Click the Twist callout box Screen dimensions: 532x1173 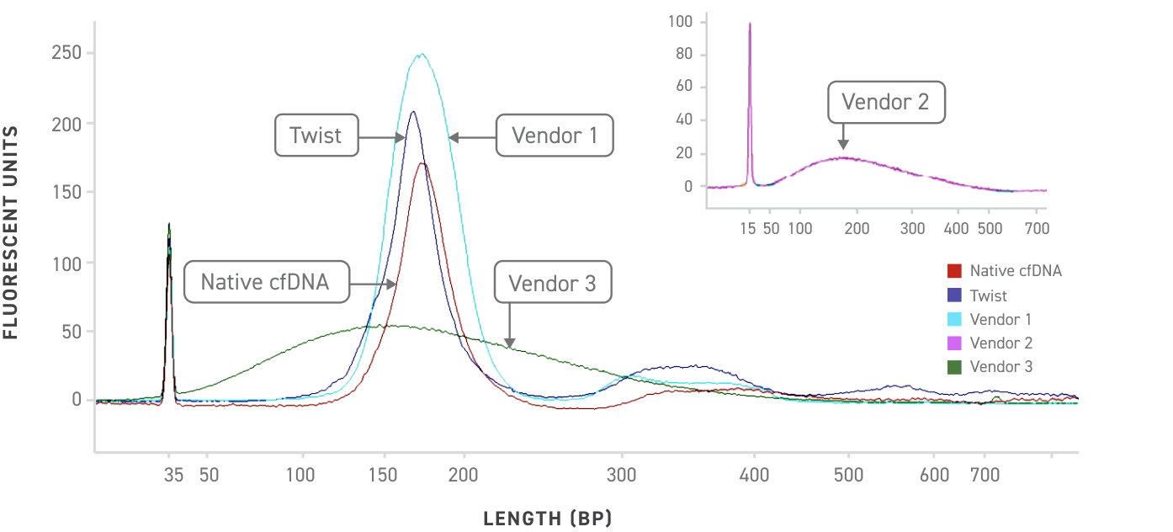316,136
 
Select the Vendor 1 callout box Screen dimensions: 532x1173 555,136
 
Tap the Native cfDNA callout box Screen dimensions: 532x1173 267,283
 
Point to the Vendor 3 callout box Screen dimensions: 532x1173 553,283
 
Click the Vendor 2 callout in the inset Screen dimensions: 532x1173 886,102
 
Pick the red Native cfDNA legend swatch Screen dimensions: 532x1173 954,271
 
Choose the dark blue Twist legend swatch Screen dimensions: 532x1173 954,295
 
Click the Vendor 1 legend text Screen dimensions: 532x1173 1000,319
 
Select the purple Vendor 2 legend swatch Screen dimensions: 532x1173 954,343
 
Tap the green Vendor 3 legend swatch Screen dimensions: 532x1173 954,367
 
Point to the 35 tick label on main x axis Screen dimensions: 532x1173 173,475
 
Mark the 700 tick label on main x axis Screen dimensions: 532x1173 984,475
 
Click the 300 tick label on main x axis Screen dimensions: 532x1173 622,475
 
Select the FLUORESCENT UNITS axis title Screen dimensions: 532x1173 12,232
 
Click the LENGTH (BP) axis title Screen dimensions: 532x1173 547,518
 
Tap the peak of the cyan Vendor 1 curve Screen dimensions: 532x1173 420,55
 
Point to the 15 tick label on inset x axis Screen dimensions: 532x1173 748,228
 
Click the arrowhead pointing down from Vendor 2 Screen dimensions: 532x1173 842,145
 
